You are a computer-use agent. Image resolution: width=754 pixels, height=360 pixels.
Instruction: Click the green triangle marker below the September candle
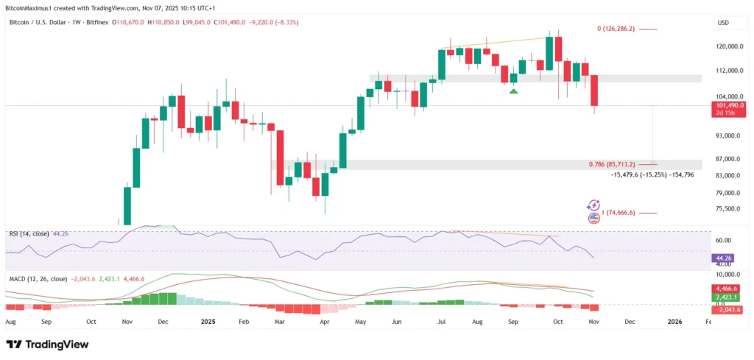513,91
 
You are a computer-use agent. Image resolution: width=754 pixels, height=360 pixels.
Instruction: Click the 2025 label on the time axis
208,322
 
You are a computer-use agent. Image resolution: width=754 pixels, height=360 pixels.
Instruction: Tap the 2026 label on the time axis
674,322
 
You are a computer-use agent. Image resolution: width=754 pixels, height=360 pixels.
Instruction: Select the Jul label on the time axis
441,322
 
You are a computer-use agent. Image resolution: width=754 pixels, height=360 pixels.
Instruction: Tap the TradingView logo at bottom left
47,345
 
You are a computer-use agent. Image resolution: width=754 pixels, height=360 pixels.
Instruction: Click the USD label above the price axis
723,23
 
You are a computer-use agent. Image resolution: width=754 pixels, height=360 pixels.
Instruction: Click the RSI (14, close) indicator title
28,234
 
